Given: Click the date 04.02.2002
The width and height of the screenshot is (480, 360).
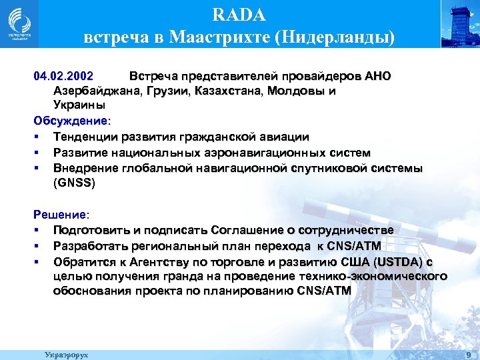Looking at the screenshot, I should coord(64,75).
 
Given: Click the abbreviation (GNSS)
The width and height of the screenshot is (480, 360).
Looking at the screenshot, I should coord(75,183).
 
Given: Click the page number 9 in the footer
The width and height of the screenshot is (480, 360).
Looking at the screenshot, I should coord(469,355).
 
